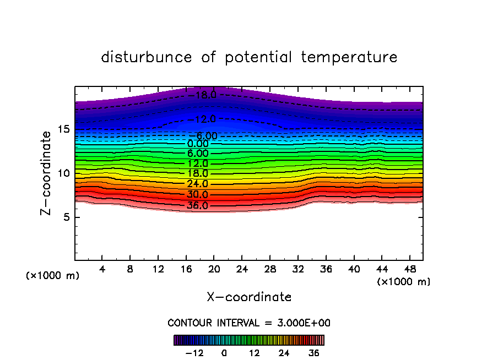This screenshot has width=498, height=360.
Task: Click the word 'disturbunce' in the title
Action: (x=147, y=57)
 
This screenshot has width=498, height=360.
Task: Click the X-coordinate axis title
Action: (x=249, y=297)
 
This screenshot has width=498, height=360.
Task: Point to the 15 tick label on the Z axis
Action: (x=62, y=129)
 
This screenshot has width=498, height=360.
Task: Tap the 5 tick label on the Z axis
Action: (x=65, y=217)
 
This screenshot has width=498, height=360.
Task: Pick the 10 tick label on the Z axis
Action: (x=62, y=173)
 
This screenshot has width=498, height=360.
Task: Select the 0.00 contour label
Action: (x=198, y=144)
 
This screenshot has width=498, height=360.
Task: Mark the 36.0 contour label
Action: (x=198, y=206)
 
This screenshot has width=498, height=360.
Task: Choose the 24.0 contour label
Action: (x=198, y=184)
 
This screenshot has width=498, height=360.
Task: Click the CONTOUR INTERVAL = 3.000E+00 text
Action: (x=249, y=323)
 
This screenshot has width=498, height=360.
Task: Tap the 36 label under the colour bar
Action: (x=313, y=353)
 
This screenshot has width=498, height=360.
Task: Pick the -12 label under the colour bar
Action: (x=194, y=353)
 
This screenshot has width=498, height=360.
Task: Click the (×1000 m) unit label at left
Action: (x=53, y=276)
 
